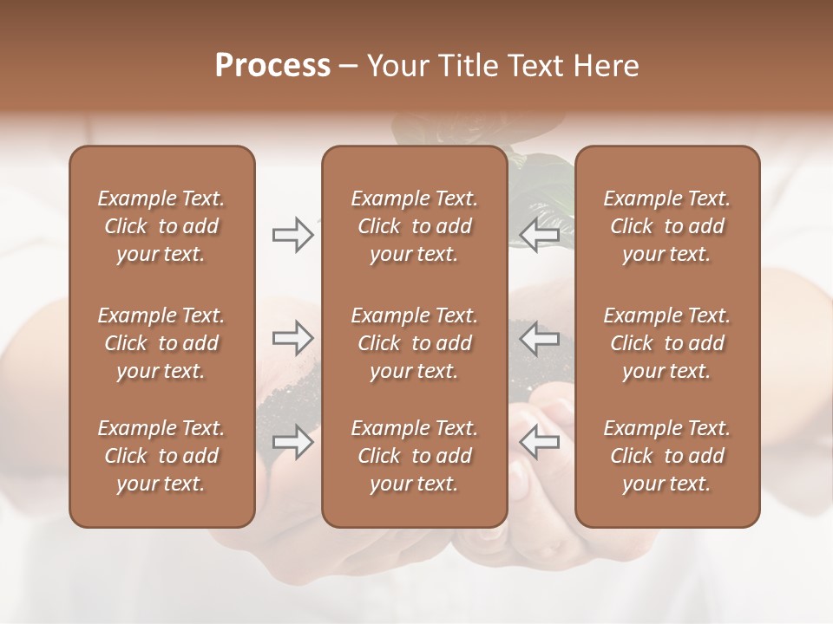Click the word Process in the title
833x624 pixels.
[x=272, y=66]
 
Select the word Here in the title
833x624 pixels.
[x=607, y=66]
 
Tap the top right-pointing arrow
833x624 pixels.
[x=292, y=235]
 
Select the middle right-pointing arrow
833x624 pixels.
[x=292, y=337]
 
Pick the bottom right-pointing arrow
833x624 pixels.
[x=292, y=442]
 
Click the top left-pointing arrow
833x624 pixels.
[x=539, y=235]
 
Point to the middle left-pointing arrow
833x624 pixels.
[x=539, y=337]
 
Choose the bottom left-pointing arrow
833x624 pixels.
[x=539, y=442]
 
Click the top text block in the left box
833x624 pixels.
[x=161, y=226]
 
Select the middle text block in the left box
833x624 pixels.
[x=161, y=343]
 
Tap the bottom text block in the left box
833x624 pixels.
[x=161, y=456]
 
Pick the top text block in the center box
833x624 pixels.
[x=414, y=226]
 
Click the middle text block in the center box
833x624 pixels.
[x=414, y=343]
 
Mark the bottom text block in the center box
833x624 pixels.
[x=414, y=456]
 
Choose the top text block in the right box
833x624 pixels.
[x=666, y=226]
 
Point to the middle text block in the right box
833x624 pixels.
[x=666, y=343]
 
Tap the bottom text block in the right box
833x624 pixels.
[x=666, y=456]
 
